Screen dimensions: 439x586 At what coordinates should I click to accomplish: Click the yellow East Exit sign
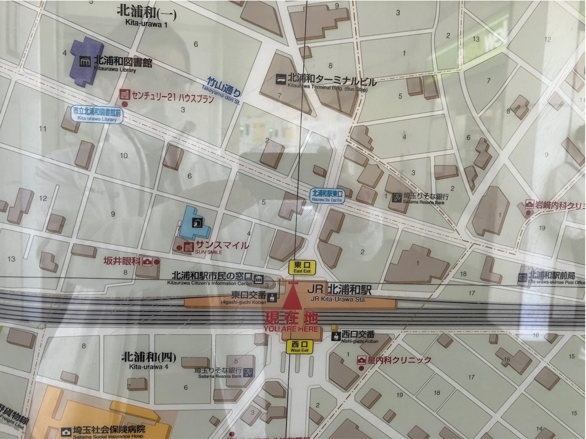[x=302, y=267]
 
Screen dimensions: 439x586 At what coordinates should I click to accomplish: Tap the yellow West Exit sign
[x=299, y=347]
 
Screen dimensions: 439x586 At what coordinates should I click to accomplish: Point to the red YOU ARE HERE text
[x=291, y=329]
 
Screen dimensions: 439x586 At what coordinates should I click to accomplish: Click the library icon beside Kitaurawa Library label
[x=85, y=62]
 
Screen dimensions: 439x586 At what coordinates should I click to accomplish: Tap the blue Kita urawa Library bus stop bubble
[x=97, y=115]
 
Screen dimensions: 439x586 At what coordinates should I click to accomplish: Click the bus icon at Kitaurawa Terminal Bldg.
[x=281, y=79]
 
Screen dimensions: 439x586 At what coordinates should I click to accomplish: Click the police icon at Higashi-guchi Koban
[x=272, y=298]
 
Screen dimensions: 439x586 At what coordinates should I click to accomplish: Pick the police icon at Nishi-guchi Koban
[x=336, y=336]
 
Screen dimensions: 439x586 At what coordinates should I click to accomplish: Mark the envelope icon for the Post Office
[x=522, y=278]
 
